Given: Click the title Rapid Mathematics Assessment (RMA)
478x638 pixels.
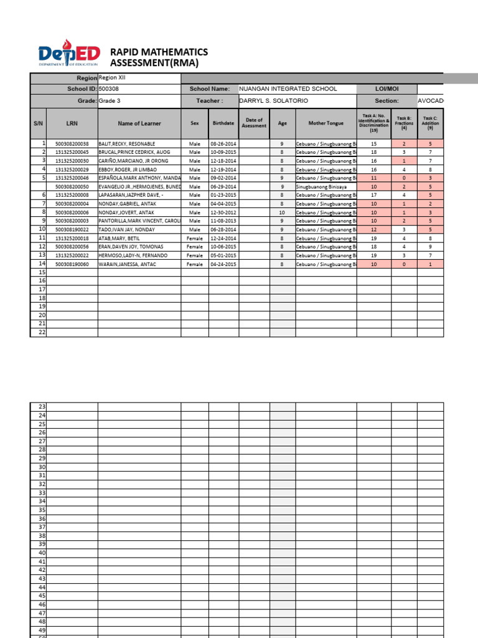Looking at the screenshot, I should pos(159,57).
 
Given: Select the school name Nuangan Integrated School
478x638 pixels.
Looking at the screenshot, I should pos(288,89).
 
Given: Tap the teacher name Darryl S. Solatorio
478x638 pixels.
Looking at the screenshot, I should pos(273,101).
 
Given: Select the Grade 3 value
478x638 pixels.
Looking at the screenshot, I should pos(108,101).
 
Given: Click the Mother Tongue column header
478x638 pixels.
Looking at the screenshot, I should pos(326,123).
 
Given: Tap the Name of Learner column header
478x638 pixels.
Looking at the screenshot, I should pos(139,123).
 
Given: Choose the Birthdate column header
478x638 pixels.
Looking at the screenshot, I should pos(223,123).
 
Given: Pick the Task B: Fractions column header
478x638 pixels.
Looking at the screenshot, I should pos(404,123).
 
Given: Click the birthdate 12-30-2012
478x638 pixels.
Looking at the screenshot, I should pos(223,212).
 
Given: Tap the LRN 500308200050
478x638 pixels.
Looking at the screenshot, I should pos(72,186).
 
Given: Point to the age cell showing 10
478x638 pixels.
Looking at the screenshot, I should pos(282,212).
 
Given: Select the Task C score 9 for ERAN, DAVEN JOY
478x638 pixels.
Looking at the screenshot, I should pos(430,247).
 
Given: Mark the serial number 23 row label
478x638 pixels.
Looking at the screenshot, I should pos(42,407).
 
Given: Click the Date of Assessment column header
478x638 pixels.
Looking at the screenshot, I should pos(254,123).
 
